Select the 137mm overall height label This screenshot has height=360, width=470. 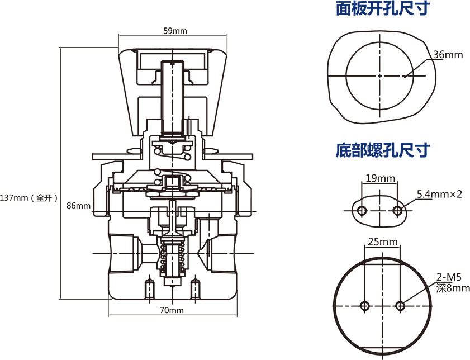pos(29,197)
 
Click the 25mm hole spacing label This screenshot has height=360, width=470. pos(382,242)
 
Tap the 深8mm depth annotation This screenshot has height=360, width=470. pos(452,288)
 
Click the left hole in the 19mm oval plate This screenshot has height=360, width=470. pos(362,210)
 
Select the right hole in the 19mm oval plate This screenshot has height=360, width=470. pos(398,210)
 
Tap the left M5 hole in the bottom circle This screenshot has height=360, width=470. pos(364,306)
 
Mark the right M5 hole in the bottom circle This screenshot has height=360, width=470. pos(400,306)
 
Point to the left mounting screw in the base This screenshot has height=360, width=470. pos(150,288)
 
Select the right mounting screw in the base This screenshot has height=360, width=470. pos(195,288)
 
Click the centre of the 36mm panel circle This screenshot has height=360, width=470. pos(379,75)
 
